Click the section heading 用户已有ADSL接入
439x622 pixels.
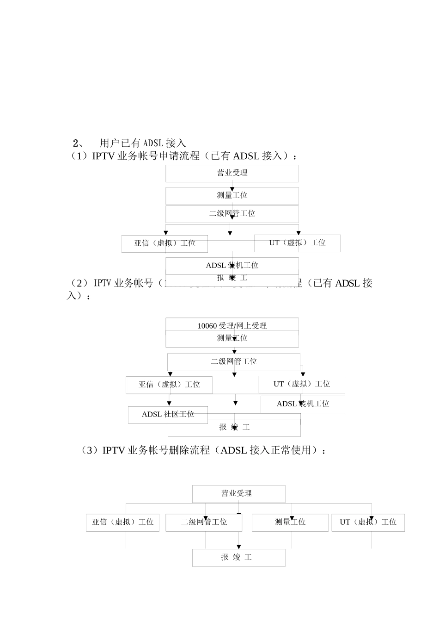(x=142, y=143)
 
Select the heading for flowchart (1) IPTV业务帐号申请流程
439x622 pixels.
(x=183, y=156)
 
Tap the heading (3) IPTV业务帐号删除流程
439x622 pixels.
(x=203, y=450)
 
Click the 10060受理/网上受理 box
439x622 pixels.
(x=232, y=324)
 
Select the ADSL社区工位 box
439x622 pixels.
(x=168, y=414)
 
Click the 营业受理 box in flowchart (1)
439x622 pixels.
(x=232, y=173)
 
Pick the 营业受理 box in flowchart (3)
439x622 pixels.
(x=238, y=494)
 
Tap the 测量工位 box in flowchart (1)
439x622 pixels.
(x=232, y=196)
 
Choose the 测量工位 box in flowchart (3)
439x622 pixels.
(x=290, y=522)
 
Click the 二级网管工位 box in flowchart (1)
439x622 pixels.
(x=232, y=214)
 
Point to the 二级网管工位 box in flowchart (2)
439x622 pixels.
(x=234, y=361)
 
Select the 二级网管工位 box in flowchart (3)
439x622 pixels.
(x=204, y=522)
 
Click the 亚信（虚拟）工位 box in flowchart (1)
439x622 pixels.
(x=165, y=243)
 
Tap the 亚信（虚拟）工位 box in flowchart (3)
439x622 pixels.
(x=122, y=522)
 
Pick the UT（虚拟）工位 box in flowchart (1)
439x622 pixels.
(x=297, y=243)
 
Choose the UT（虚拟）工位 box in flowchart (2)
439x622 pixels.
(x=301, y=384)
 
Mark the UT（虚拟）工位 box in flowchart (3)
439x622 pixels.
(x=368, y=522)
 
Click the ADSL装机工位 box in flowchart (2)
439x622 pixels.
(x=303, y=404)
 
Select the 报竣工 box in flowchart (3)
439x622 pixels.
(x=238, y=558)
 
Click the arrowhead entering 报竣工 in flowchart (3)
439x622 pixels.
(x=239, y=547)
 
